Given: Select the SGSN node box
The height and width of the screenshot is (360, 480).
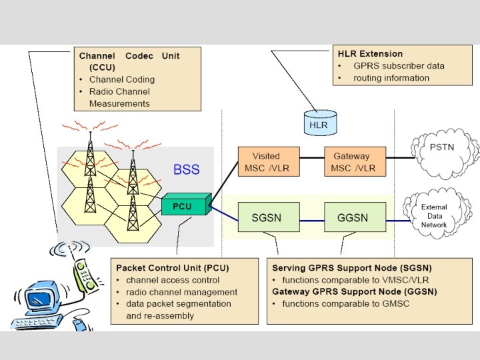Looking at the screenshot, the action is pos(269,217).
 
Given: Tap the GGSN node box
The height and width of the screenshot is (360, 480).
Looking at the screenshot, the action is pos(355,217).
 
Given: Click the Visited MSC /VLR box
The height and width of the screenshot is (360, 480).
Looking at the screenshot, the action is pos(269,161).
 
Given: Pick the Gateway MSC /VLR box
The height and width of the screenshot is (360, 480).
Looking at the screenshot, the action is pos(355,161).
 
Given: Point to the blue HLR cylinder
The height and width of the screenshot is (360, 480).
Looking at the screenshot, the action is pos(320,123).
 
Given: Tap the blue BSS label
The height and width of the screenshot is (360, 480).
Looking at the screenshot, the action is pos(187,169).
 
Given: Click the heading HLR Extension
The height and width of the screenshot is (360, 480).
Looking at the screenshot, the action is pos(370,54).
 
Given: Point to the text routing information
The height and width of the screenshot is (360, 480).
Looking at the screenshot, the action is pos(391,78).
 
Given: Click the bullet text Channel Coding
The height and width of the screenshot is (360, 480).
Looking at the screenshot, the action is pos(122,79).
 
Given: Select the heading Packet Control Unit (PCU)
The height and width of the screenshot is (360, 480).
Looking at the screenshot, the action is pos(173,268).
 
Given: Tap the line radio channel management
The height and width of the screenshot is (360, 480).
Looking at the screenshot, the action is pos(181,292).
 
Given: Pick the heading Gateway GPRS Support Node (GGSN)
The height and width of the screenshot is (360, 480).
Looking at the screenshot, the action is pos(355,291).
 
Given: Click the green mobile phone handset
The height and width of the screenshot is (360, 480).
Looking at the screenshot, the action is pos(85,275).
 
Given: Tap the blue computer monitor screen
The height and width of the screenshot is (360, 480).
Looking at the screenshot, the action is pos(37,297).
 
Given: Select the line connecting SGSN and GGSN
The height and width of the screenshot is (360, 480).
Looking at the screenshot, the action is pos(312,221).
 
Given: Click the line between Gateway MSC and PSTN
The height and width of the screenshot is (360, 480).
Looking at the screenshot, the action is pos(400,158).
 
